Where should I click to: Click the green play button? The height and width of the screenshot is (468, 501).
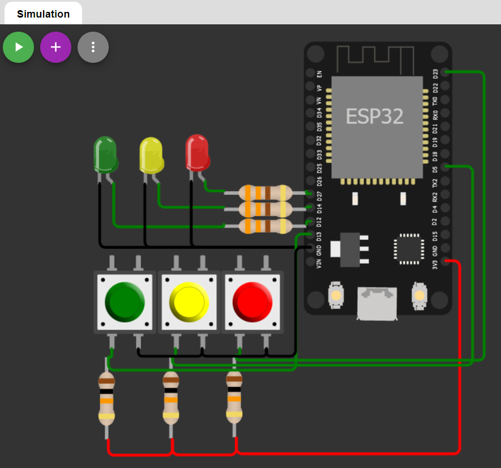click(19, 47)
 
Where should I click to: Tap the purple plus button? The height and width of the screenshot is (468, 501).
click(55, 47)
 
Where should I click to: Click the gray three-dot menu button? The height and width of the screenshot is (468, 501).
click(93, 47)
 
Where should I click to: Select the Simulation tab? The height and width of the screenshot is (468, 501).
click(43, 14)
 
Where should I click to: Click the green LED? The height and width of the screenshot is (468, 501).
click(105, 153)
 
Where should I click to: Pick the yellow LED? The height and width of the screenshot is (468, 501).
click(151, 154)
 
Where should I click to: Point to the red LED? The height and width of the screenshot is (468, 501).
click(197, 152)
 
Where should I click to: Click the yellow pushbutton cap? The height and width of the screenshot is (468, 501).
click(189, 302)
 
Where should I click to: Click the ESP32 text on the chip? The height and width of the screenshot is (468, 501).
click(374, 117)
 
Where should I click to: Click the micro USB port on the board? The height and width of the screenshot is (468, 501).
click(376, 302)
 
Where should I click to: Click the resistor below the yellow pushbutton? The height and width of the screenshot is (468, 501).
click(170, 398)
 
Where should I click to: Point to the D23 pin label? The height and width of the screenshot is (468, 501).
click(435, 74)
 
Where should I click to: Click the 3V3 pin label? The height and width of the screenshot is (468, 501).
click(435, 264)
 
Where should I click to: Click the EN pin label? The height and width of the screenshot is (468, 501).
click(319, 74)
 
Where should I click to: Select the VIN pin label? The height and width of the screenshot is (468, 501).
click(319, 263)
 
